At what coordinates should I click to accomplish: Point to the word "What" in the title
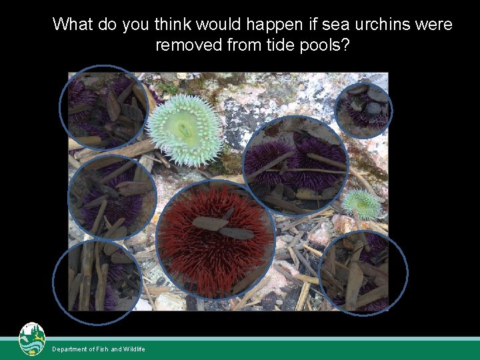73,25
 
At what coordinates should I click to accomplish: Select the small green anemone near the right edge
363,203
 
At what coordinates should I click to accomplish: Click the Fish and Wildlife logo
31,340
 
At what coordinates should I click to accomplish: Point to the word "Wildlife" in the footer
134,349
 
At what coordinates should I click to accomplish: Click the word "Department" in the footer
71,349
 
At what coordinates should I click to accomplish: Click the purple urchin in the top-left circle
100,107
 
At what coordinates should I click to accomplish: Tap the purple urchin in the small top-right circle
364,110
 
